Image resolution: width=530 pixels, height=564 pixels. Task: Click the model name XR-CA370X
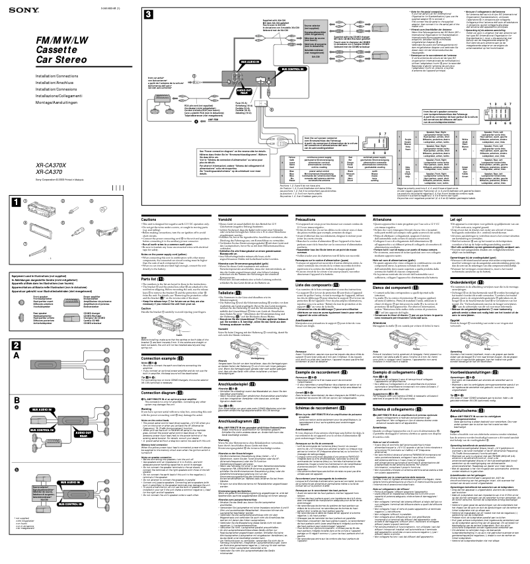point(40,165)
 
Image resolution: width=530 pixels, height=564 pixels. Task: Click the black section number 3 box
point(150,15)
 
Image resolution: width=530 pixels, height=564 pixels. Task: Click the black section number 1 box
point(15,197)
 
